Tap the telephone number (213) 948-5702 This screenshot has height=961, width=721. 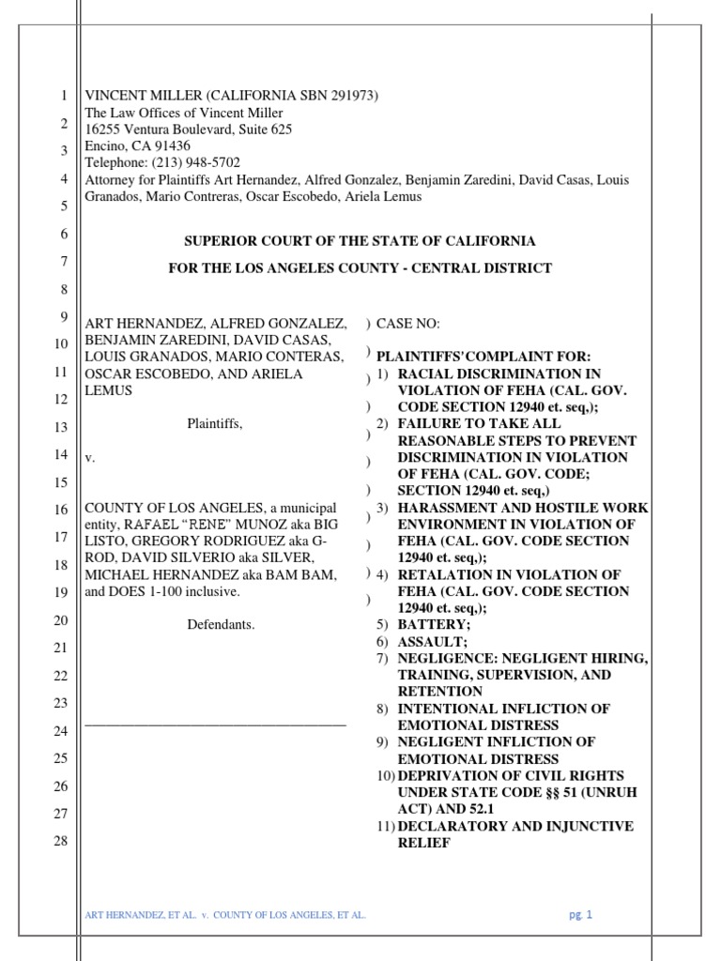click(x=194, y=162)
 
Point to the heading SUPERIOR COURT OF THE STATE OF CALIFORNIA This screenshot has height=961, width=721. click(x=360, y=241)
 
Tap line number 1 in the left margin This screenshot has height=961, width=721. click(x=63, y=96)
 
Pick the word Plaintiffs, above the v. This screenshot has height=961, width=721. click(x=214, y=423)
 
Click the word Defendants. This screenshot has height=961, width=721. click(x=221, y=624)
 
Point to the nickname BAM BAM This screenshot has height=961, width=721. click(x=305, y=574)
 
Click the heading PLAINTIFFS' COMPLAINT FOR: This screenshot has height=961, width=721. click(x=483, y=357)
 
